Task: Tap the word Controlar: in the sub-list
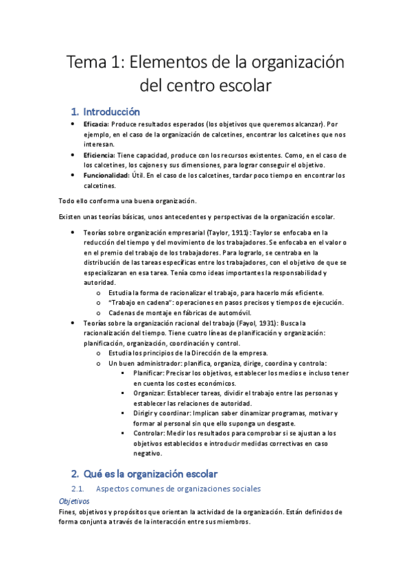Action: [x=150, y=433]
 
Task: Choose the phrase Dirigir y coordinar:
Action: [x=163, y=413]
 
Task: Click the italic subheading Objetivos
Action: [x=74, y=501]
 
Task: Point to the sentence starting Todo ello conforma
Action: [x=126, y=200]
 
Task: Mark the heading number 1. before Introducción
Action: [x=75, y=111]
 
